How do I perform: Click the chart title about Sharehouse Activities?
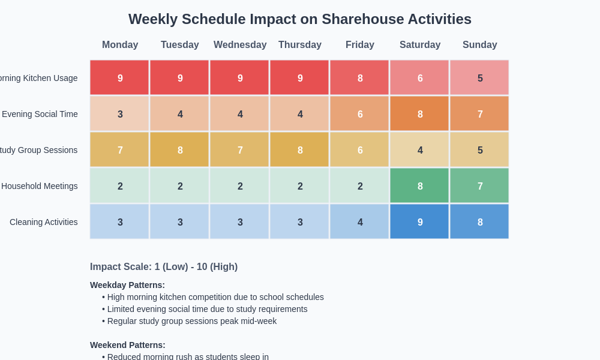pyautogui.click(x=300, y=19)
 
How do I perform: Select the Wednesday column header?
pyautogui.click(x=240, y=45)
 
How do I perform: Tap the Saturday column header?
pyautogui.click(x=420, y=45)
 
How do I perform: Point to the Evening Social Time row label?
pyautogui.click(x=40, y=114)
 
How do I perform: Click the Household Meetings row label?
pyautogui.click(x=40, y=186)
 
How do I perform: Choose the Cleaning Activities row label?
pyautogui.click(x=44, y=222)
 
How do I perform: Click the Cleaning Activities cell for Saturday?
pyautogui.click(x=419, y=221)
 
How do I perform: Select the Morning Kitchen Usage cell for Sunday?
pyautogui.click(x=479, y=77)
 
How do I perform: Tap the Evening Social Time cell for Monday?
pyautogui.click(x=119, y=113)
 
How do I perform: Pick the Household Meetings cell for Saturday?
pyautogui.click(x=419, y=185)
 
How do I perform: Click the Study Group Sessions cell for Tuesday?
pyautogui.click(x=179, y=149)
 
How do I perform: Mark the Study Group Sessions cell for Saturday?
pyautogui.click(x=419, y=149)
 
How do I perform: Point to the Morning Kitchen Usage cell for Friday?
pyautogui.click(x=359, y=77)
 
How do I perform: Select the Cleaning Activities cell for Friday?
pyautogui.click(x=359, y=221)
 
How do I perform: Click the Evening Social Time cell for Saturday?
pyautogui.click(x=419, y=113)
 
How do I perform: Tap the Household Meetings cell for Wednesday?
pyautogui.click(x=239, y=185)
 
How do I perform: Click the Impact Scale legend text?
pyautogui.click(x=164, y=267)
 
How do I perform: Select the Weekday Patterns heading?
pyautogui.click(x=127, y=285)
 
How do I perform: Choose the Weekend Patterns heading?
pyautogui.click(x=128, y=345)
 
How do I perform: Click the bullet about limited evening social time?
pyautogui.click(x=207, y=309)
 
